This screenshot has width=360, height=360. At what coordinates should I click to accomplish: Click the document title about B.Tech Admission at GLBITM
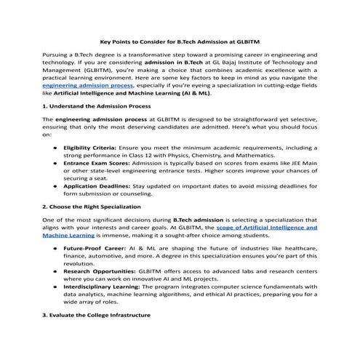coord(180,42)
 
